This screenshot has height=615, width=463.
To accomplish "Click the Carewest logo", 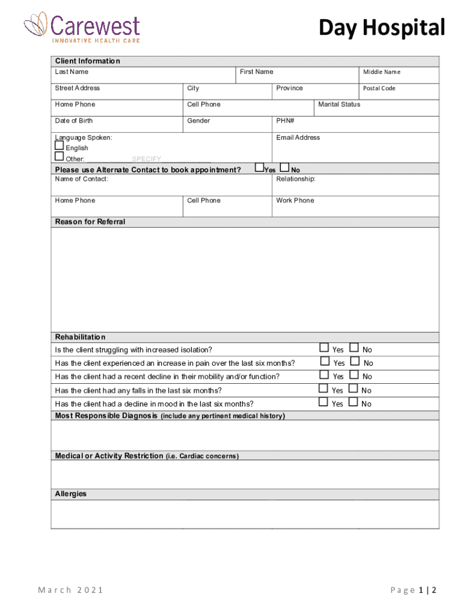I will (82, 28).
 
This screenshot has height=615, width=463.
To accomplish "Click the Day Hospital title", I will (382, 28).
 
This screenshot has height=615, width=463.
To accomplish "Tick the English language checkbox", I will (59, 146).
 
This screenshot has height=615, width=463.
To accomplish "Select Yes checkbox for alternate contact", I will (259, 168).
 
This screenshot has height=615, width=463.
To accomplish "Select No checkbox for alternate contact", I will (285, 168).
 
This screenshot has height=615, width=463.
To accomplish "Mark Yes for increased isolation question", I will (324, 348).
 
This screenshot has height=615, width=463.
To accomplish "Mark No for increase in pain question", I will (354, 361).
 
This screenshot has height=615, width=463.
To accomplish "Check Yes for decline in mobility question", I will (324, 375).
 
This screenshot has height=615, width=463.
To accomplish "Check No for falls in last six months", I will (354, 389).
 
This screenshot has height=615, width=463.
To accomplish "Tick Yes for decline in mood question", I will (324, 402).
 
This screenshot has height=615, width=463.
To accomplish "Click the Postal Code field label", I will (379, 88).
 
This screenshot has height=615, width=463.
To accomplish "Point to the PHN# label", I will (285, 121).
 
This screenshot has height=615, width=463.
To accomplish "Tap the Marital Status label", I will (339, 105).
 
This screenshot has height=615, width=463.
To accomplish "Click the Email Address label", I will (298, 138).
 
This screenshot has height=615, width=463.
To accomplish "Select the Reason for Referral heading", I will (90, 222).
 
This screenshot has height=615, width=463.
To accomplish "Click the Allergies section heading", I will (71, 494).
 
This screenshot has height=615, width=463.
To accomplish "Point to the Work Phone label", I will (295, 201).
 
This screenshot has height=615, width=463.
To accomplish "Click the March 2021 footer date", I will (71, 590).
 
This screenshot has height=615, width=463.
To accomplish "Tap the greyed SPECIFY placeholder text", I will (147, 159).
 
